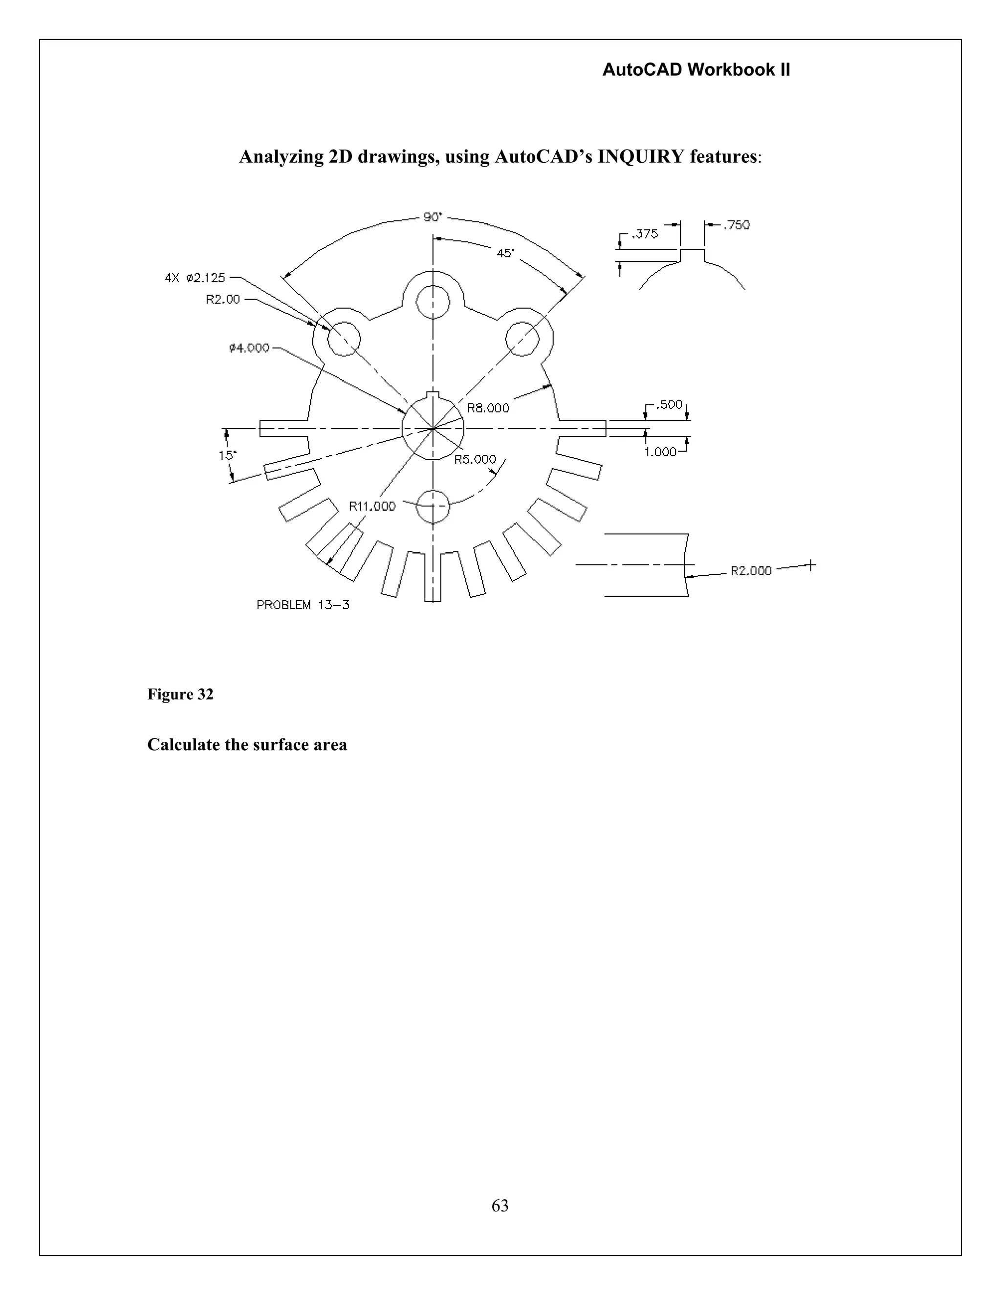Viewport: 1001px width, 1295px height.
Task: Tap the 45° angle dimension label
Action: click(505, 253)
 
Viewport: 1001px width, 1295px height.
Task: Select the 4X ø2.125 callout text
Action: click(195, 278)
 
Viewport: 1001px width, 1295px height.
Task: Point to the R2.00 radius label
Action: click(223, 300)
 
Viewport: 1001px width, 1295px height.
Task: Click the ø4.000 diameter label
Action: click(249, 348)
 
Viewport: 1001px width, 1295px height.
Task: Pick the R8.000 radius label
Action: click(488, 408)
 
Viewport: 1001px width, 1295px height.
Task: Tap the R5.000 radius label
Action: click(475, 459)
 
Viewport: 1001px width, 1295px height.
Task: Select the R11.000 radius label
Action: click(372, 506)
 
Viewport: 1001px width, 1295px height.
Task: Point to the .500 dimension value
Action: click(670, 405)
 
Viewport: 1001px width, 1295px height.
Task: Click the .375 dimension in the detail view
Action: click(645, 234)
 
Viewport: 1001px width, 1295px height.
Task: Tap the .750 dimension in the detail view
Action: click(736, 225)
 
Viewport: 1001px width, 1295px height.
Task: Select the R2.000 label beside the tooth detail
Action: click(751, 570)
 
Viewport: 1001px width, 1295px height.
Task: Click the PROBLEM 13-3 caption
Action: click(303, 605)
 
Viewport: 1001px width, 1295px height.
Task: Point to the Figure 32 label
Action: click(180, 694)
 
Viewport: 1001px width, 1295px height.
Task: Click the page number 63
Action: click(500, 1206)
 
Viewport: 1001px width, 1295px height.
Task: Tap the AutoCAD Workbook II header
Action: click(696, 70)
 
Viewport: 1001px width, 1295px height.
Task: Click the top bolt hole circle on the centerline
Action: click(433, 302)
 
